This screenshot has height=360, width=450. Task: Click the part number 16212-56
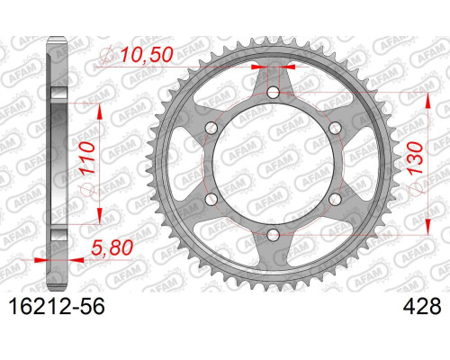point(57,306)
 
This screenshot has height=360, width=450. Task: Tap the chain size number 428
point(422,306)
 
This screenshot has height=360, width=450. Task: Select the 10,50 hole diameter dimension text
point(147,56)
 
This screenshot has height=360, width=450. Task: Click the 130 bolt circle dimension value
point(415,158)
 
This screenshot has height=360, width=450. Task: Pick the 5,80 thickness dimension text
point(112,248)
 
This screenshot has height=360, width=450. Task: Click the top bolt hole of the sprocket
point(273,93)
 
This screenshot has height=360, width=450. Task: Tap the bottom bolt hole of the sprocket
point(273,235)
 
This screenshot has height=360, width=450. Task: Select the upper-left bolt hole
point(211,128)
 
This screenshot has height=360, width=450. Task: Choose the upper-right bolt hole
point(335,128)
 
